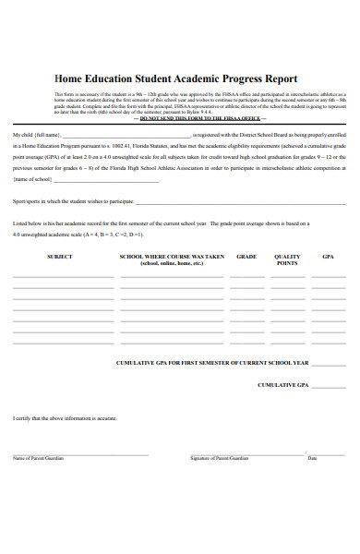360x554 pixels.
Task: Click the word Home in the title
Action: [71, 79]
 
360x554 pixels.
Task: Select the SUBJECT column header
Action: [59, 256]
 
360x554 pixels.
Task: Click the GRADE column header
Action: [246, 256]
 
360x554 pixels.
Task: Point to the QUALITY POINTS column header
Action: [287, 259]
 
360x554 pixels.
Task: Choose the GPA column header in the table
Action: [329, 256]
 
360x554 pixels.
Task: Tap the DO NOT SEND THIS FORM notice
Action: [198, 120]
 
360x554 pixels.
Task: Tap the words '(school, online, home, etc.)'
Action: [172, 264]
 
